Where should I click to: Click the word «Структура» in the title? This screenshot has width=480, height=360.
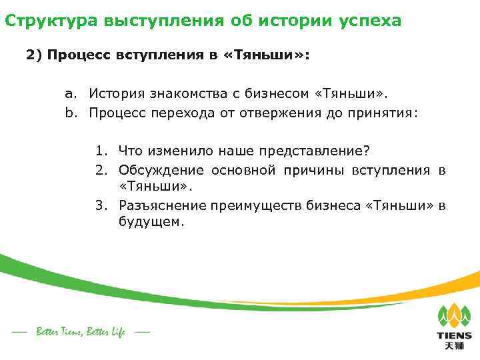click(51, 21)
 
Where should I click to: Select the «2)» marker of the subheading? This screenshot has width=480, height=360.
click(34, 56)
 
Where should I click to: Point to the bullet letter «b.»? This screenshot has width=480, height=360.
click(73, 113)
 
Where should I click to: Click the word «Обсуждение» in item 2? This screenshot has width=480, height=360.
click(162, 170)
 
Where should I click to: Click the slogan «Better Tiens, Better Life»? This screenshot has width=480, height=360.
click(81, 331)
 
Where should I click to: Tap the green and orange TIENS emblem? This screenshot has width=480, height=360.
click(454, 315)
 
